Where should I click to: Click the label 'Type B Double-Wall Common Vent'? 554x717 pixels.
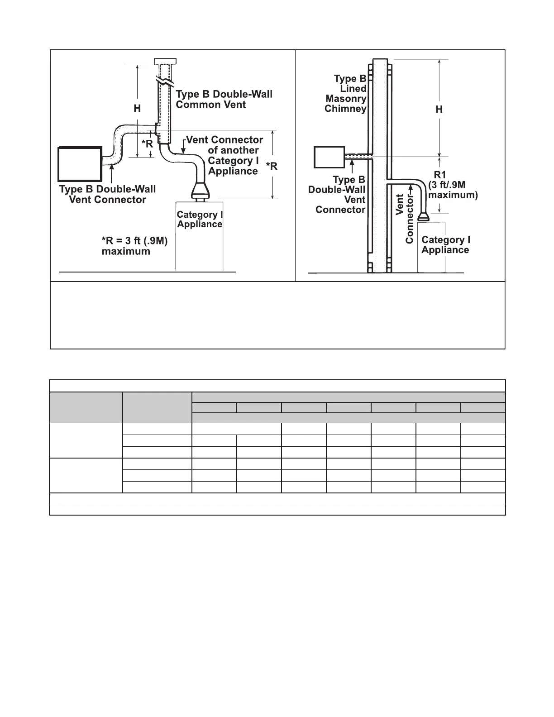point(224,100)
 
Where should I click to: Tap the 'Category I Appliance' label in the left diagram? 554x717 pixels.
point(200,220)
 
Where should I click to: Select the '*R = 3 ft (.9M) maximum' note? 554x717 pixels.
point(134,246)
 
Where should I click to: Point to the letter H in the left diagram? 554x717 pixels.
point(137,109)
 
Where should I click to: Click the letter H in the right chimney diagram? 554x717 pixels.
point(439,110)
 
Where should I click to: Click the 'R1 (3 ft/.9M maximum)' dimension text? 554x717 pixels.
point(453,185)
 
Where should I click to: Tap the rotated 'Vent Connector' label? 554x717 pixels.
point(405,219)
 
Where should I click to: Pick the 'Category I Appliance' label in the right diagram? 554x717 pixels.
point(445,245)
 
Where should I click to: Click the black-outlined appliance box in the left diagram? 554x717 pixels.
point(80,164)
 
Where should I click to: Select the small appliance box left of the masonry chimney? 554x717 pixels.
point(330,157)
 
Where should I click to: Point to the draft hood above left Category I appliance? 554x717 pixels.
point(200,191)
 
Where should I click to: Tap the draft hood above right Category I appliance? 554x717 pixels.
point(423,216)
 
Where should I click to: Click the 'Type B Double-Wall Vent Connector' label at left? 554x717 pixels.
point(108,195)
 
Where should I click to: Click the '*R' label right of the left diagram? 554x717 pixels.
point(272,167)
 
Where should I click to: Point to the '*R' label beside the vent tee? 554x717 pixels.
point(147,144)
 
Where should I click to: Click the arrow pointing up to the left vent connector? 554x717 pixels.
point(111,173)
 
